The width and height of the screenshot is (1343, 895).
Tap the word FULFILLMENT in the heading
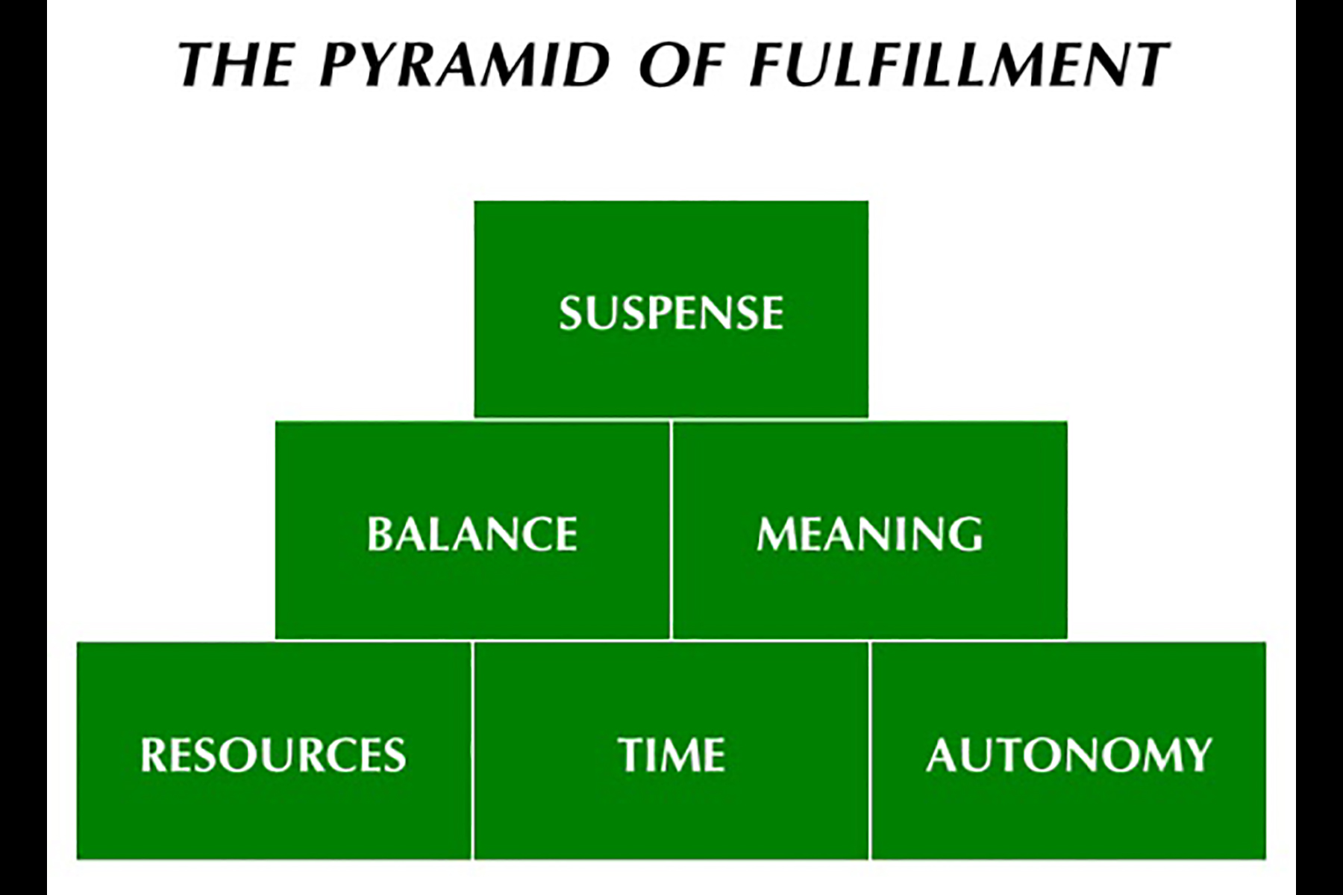pyautogui.click(x=959, y=64)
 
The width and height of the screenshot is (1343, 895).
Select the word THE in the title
pyautogui.click(x=236, y=64)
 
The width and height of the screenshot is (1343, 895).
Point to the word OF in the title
pyautogui.click(x=681, y=64)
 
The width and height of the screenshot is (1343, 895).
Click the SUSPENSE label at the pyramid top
pyautogui.click(x=671, y=313)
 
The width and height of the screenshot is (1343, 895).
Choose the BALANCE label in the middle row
pyautogui.click(x=472, y=534)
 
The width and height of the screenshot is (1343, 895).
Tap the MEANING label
pyautogui.click(x=870, y=534)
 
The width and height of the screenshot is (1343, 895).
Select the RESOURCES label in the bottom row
pyautogui.click(x=273, y=754)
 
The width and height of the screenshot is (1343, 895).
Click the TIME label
pyautogui.click(x=671, y=754)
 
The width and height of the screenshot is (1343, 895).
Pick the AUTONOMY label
pyautogui.click(x=1069, y=754)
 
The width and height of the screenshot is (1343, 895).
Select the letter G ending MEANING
pyautogui.click(x=968, y=534)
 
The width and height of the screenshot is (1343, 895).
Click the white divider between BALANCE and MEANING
pyautogui.click(x=671, y=530)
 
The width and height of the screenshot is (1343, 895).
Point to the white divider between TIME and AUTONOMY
pyautogui.click(x=870, y=750)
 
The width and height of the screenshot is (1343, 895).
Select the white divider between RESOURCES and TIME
pyautogui.click(x=472, y=750)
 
